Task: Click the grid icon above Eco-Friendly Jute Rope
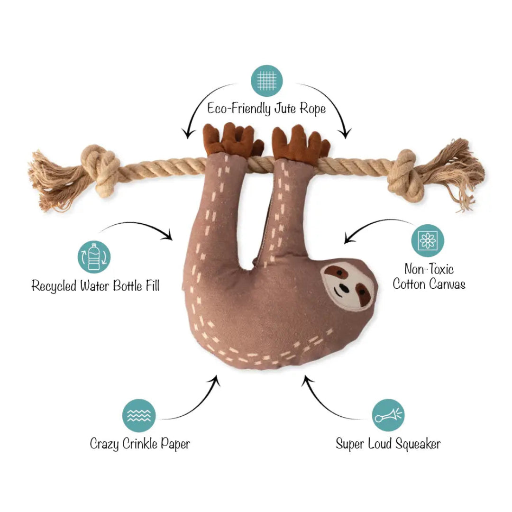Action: coord(266,80)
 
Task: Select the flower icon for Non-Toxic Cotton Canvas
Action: coord(428,240)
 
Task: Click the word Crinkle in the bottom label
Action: coord(141,444)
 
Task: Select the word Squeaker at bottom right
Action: coord(417,444)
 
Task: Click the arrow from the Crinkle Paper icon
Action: coord(194,403)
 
